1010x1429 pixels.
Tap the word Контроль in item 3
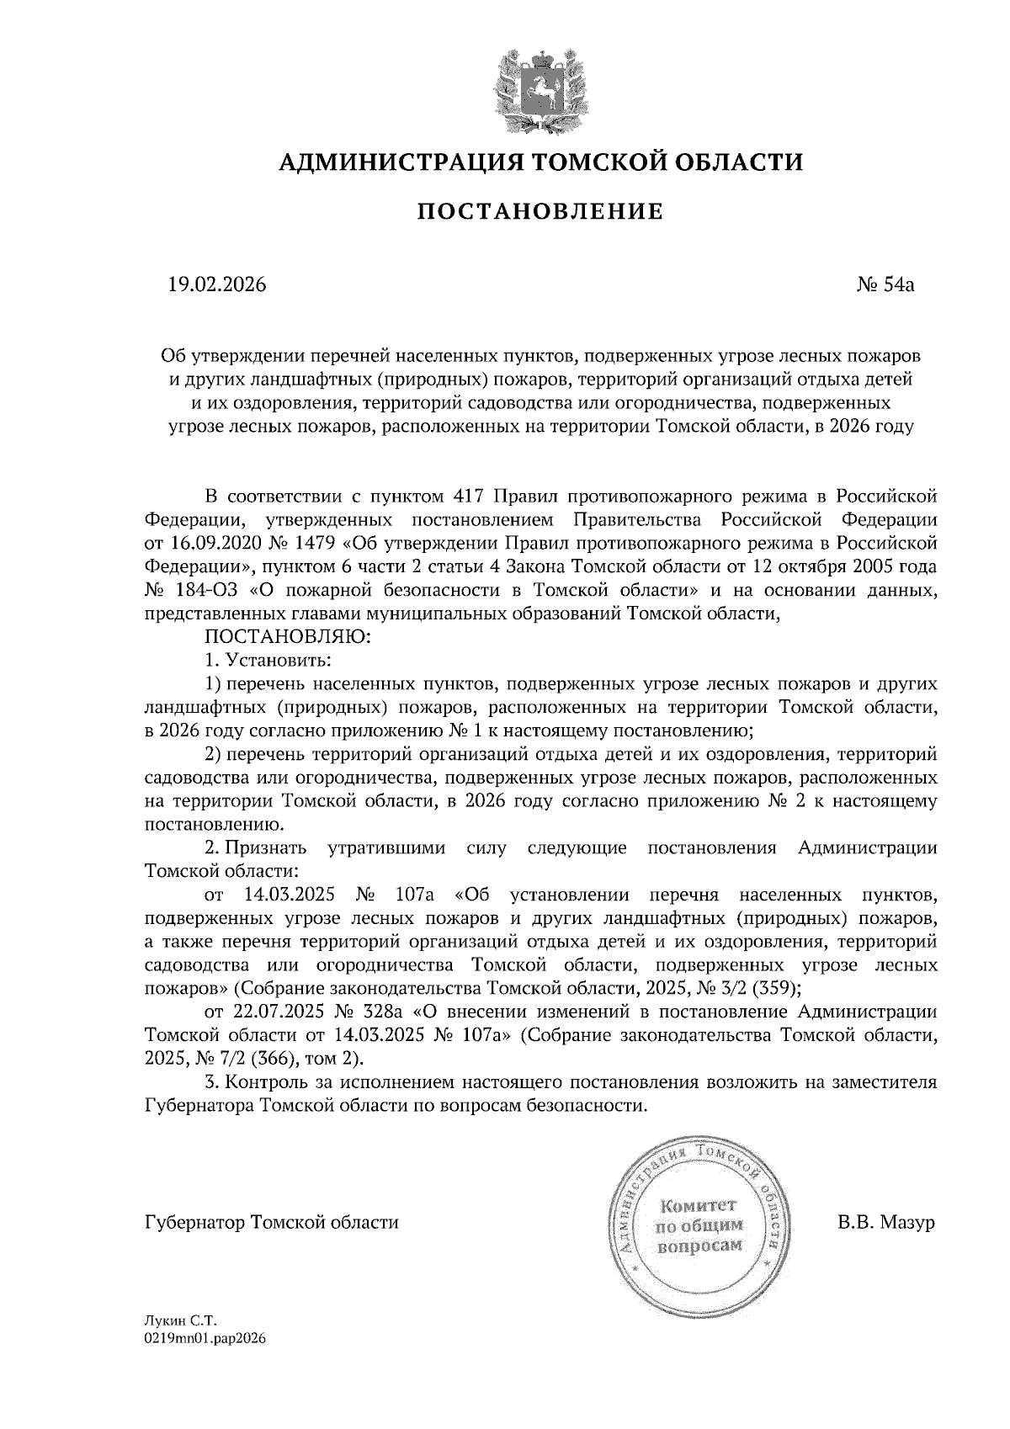266,1082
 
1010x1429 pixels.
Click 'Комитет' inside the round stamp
699,1206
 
